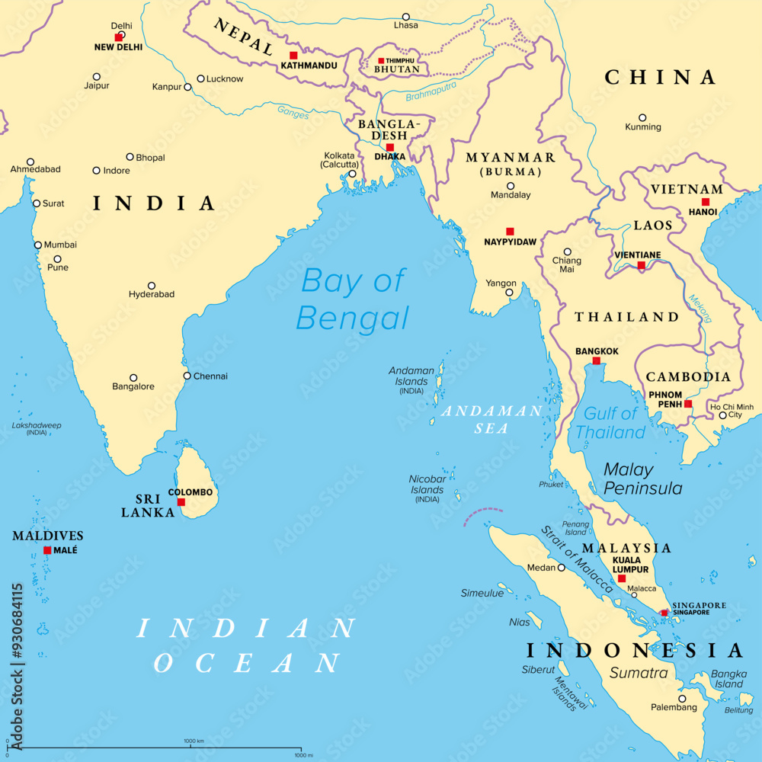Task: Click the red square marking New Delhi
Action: pyautogui.click(x=118, y=37)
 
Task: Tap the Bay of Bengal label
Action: pyautogui.click(x=353, y=299)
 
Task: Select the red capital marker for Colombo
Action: pyautogui.click(x=181, y=502)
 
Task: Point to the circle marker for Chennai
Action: pyautogui.click(x=187, y=376)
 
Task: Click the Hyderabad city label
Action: pyautogui.click(x=152, y=294)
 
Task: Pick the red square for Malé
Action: pyautogui.click(x=47, y=550)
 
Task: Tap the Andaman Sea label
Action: pyautogui.click(x=492, y=419)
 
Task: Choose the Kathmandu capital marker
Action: pyautogui.click(x=293, y=56)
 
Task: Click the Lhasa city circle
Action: pyautogui.click(x=406, y=17)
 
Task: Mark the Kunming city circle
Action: pyautogui.click(x=642, y=118)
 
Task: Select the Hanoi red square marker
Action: pyautogui.click(x=706, y=202)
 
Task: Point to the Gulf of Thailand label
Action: pyautogui.click(x=610, y=423)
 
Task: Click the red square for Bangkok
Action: pyautogui.click(x=597, y=361)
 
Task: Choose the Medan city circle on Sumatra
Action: pyautogui.click(x=562, y=568)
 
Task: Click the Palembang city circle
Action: pyautogui.click(x=682, y=698)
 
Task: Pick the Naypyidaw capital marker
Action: pyautogui.click(x=510, y=232)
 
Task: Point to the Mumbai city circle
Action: pyautogui.click(x=38, y=245)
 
